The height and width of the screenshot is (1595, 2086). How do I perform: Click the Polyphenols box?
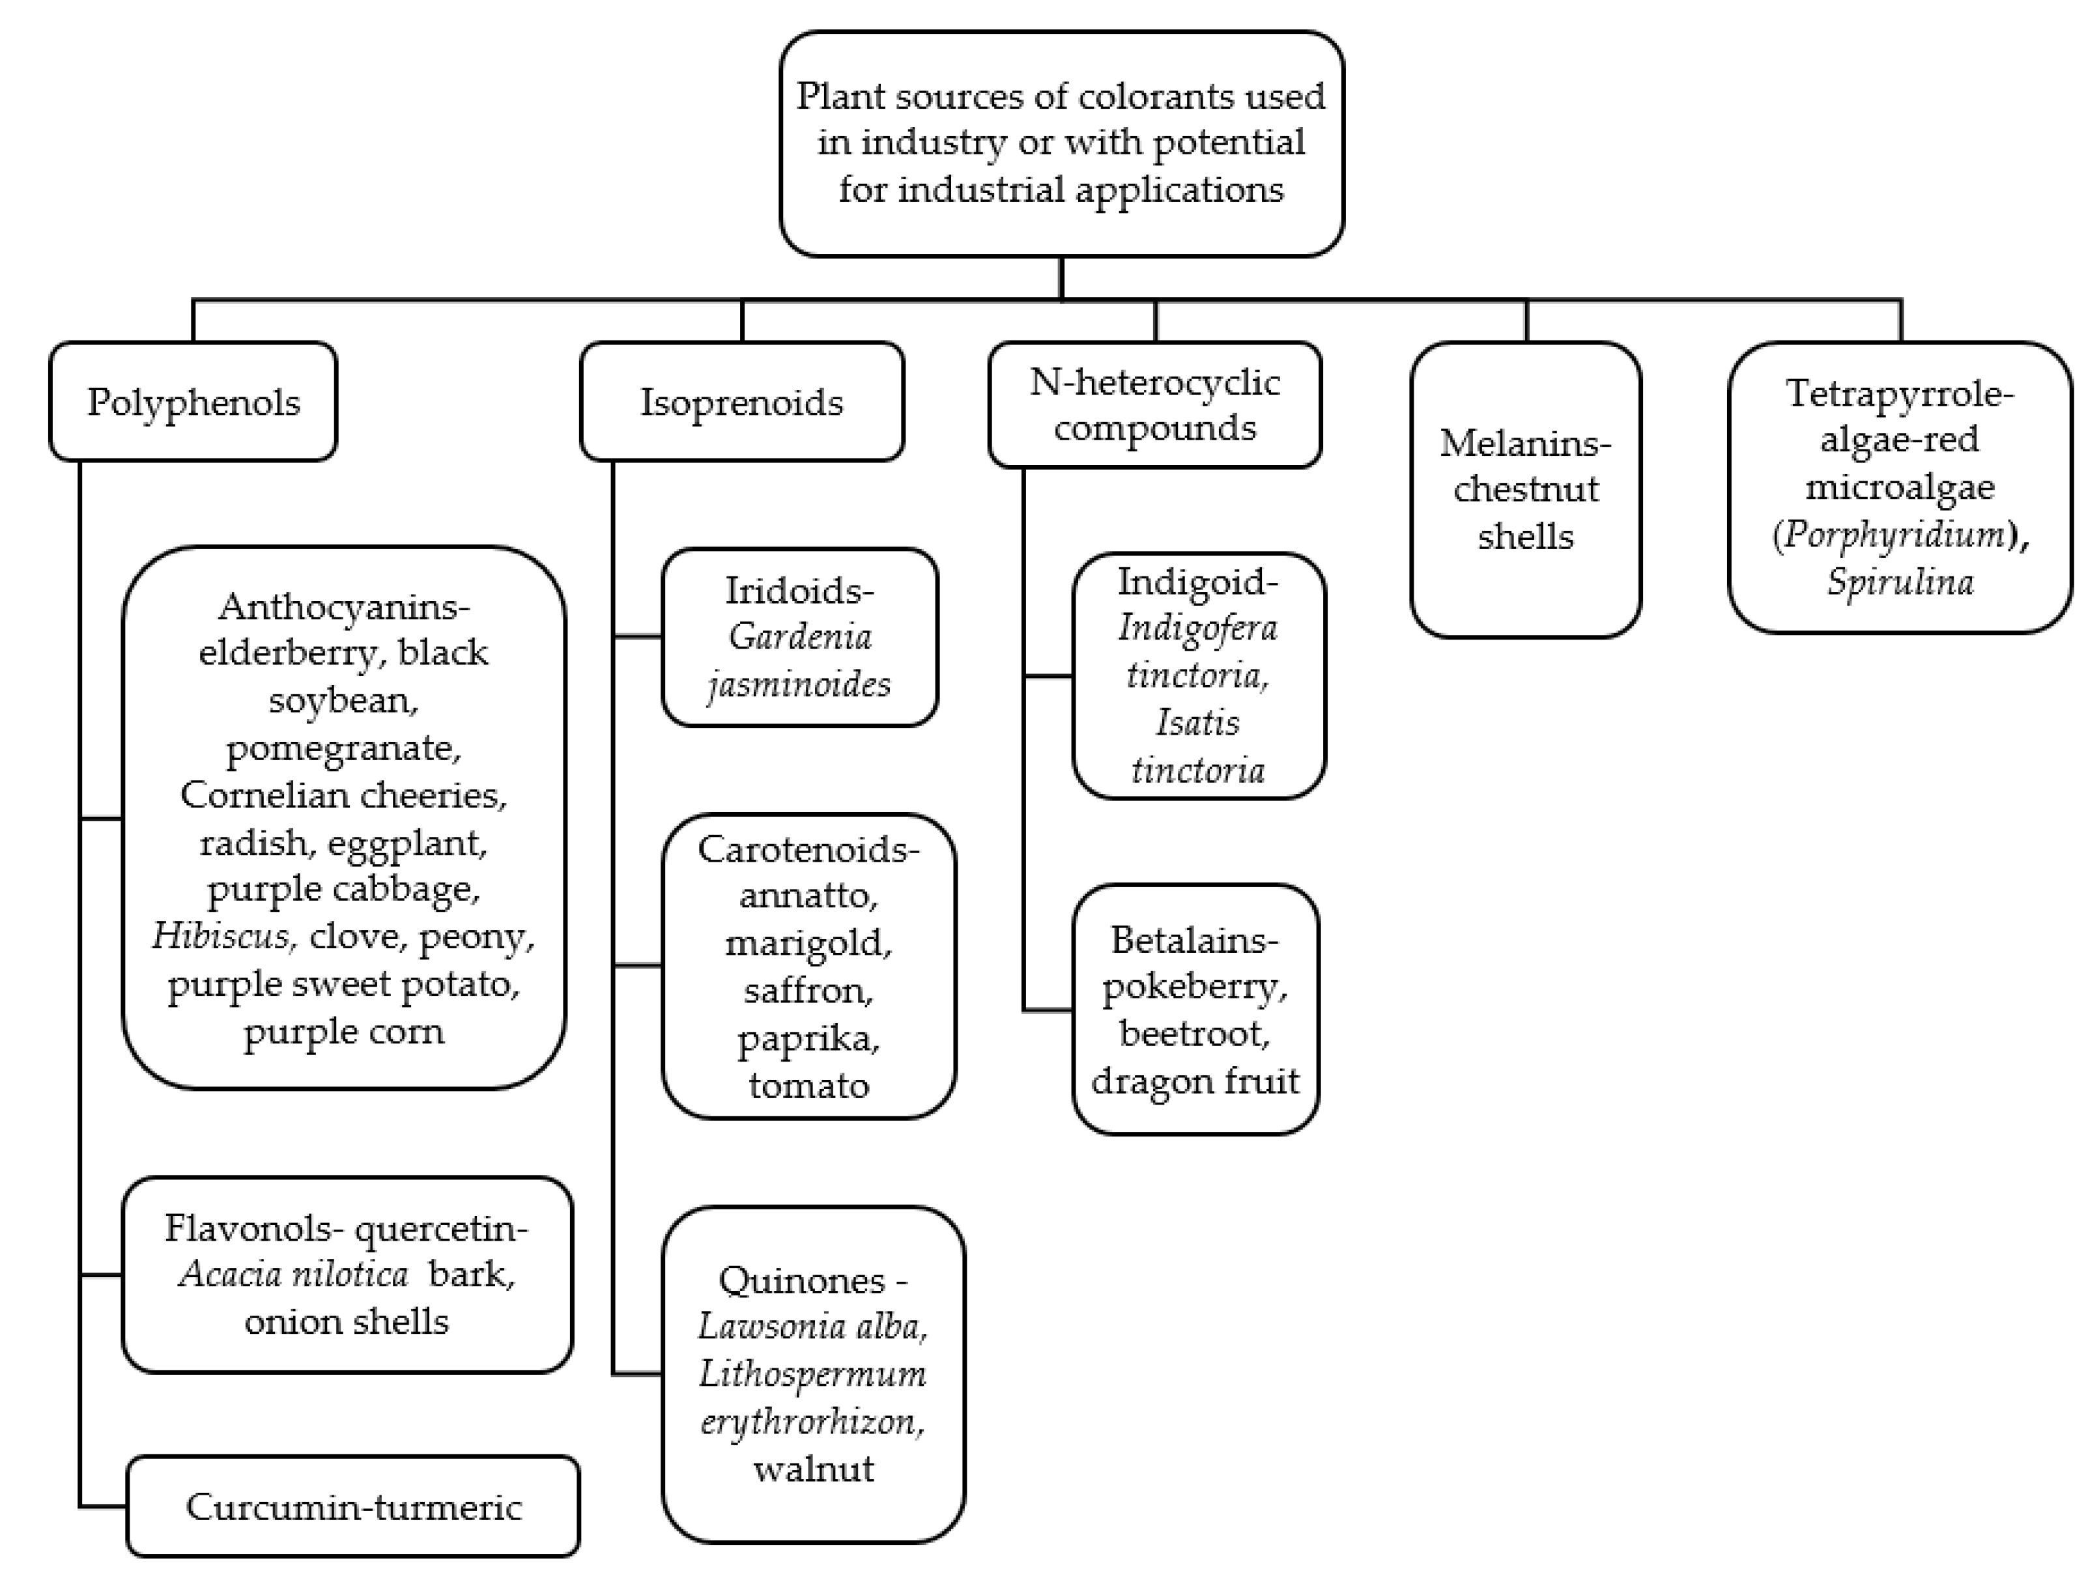pos(193,402)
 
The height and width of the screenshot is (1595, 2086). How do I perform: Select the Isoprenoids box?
pos(741,402)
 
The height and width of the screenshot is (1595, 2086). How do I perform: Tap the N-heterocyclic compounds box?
pos(1154,404)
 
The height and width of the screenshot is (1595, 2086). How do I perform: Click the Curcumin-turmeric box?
pos(353,1506)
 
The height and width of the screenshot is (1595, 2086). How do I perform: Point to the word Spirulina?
pos(1900,581)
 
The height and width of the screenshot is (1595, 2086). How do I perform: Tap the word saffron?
pos(808,990)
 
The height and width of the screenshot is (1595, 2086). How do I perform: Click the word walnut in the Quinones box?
pos(814,1469)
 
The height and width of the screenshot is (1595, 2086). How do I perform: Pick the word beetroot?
pos(1194,1033)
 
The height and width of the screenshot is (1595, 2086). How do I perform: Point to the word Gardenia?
pos(799,636)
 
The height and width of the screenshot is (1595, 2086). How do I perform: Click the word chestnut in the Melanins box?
pos(1525,489)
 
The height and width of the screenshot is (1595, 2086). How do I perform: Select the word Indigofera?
pos(1197,628)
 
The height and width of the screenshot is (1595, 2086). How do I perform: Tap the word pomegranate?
pos(343,748)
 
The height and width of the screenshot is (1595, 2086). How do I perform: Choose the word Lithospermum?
pos(813,1374)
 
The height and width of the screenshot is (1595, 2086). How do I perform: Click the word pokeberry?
pos(1194,987)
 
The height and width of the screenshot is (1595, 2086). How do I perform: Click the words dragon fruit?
pos(1194,1080)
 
